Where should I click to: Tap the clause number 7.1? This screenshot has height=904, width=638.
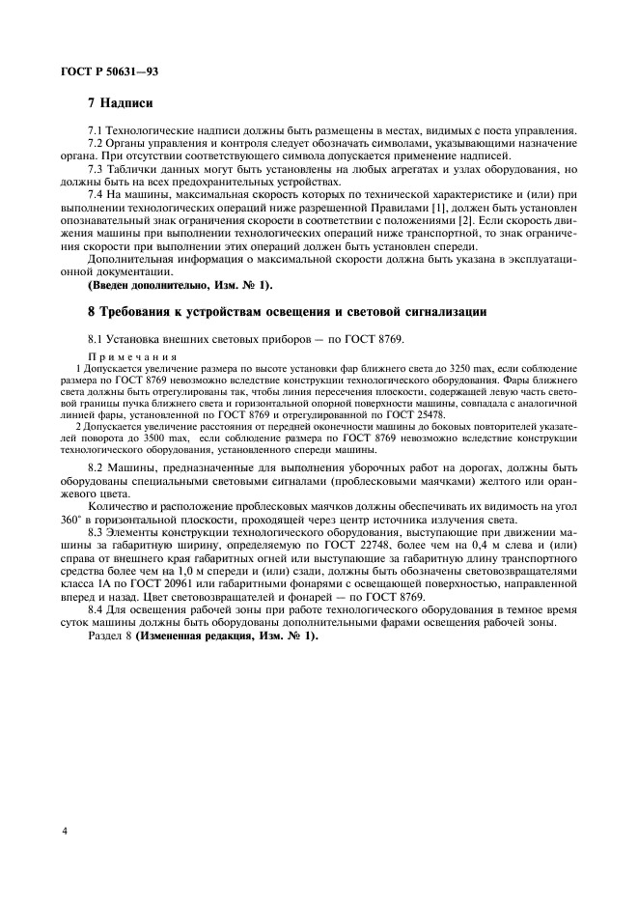tap(96, 130)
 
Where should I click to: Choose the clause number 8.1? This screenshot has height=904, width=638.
tap(96, 340)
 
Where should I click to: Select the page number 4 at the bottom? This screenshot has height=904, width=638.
tap(65, 830)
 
